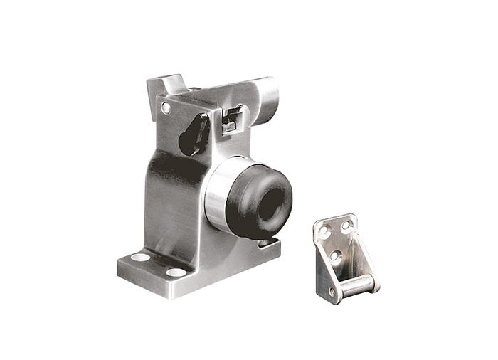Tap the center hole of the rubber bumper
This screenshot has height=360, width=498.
[270, 205]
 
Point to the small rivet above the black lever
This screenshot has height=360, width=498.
[166, 108]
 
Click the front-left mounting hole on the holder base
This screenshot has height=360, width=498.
[140, 257]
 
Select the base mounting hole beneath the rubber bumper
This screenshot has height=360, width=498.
[265, 243]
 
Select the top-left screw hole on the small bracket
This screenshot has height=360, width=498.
[324, 231]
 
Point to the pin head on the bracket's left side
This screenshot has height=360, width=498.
[332, 292]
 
